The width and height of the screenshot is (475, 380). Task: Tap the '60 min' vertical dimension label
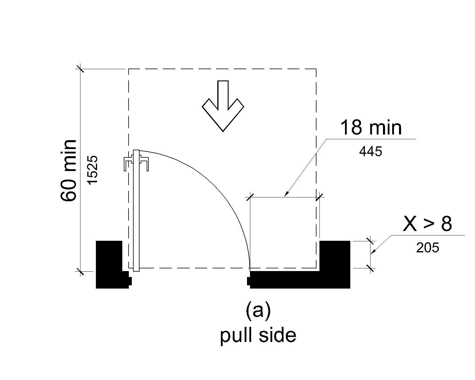coord(69,170)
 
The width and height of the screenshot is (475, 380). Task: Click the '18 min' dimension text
coord(371,128)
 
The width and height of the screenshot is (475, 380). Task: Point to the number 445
coord(370,152)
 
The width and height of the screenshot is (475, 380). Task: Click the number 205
coord(427,248)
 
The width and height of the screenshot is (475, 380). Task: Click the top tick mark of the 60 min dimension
coord(80,69)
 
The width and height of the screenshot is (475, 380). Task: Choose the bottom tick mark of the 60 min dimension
coord(80,271)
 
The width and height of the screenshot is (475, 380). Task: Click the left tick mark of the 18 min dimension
coord(250,197)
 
